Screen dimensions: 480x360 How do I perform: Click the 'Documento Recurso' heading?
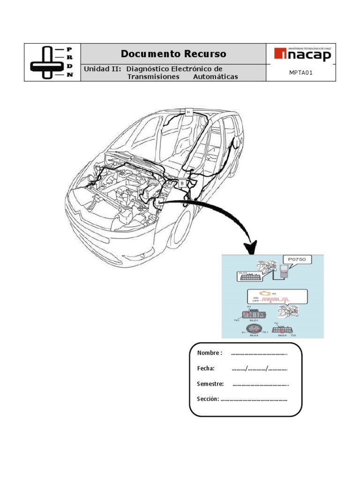[173, 54]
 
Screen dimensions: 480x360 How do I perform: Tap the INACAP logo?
[302, 55]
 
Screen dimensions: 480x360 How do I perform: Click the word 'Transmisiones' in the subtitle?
[153, 77]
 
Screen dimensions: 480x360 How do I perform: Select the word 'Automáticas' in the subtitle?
[215, 77]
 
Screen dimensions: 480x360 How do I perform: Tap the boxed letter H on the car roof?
[188, 112]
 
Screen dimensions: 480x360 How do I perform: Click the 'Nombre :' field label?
[210, 353]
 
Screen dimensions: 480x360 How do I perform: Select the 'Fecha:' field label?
[206, 368]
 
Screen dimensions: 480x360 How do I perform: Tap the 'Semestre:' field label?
[210, 384]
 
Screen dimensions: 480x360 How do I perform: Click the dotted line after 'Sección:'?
[254, 399]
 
